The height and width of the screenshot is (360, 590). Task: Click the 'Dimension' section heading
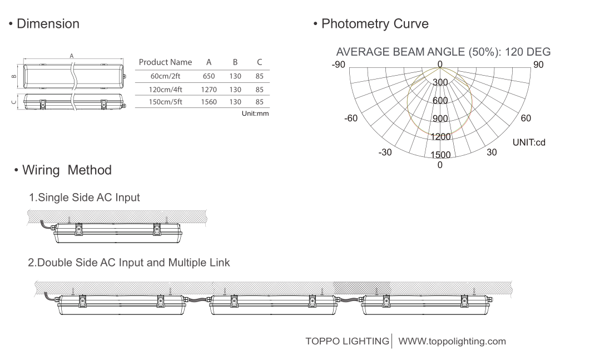pos(48,24)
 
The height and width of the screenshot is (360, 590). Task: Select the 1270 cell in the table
pos(209,90)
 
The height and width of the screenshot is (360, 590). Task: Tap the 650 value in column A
pos(209,76)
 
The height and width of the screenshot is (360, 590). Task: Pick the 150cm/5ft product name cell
pos(166,102)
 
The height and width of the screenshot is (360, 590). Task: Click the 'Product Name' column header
pos(165,62)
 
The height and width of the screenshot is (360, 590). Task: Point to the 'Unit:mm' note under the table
pos(255,114)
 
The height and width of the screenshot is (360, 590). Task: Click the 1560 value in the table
pos(209,102)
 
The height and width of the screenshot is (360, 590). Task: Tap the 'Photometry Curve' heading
pos(375,24)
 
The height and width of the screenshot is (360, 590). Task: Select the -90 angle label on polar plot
pos(338,65)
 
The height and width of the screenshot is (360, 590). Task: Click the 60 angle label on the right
pos(525,119)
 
